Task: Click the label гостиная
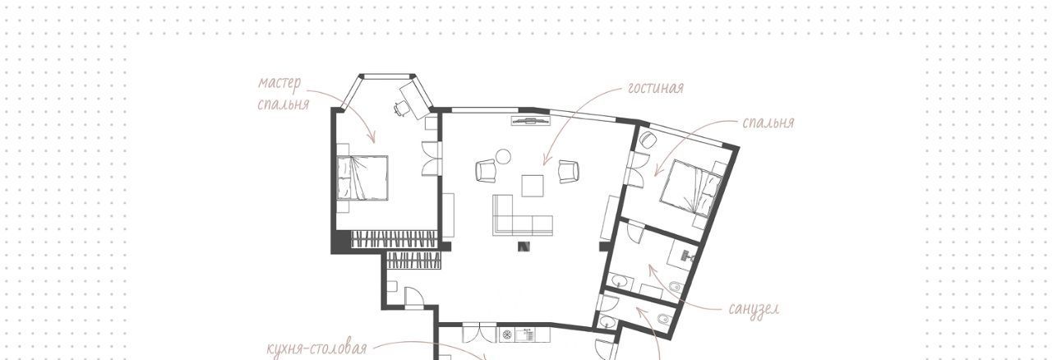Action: coord(656,88)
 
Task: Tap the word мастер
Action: coord(279,84)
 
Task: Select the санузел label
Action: coord(754,309)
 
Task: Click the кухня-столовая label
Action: coord(316,348)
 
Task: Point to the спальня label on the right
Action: coord(768,122)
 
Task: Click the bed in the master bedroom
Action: coord(362,178)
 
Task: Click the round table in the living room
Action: coord(503,156)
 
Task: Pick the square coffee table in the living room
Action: coord(533,186)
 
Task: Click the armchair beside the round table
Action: coord(487,171)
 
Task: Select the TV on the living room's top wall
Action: coord(531,122)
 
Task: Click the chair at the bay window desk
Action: coord(400,108)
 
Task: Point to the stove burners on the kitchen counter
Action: coord(507,335)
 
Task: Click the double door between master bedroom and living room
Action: coord(432,159)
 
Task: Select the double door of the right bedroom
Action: coord(635,170)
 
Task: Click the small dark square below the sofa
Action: coord(524,247)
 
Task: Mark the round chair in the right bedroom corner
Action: coord(648,140)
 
